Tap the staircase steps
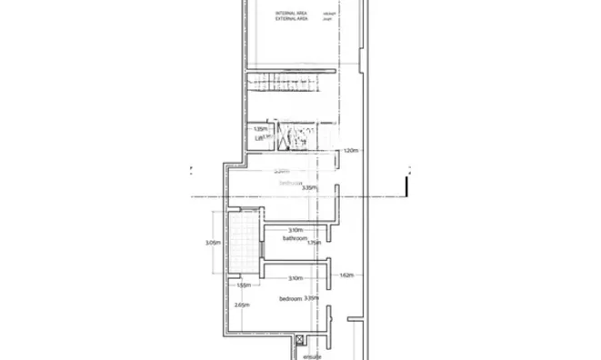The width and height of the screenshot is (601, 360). click(x=281, y=83)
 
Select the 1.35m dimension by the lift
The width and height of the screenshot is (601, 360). click(x=261, y=129)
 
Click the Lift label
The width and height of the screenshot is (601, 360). click(x=260, y=137)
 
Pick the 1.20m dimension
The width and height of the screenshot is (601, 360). click(x=353, y=151)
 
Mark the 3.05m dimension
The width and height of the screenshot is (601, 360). click(x=213, y=243)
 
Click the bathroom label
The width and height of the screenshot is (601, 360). click(x=294, y=238)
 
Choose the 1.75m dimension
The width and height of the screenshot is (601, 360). click(x=315, y=243)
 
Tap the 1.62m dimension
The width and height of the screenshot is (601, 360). click(x=346, y=274)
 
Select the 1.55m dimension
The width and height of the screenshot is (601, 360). click(x=243, y=285)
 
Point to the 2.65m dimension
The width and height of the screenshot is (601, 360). click(x=241, y=305)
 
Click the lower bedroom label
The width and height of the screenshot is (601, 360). click(x=290, y=298)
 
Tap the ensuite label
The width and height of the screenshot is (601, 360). click(x=314, y=356)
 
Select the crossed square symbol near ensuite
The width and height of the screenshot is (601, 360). click(x=299, y=339)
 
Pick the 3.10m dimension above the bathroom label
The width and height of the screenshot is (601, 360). click(x=295, y=230)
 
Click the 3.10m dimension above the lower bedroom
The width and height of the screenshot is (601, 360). click(x=295, y=278)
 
